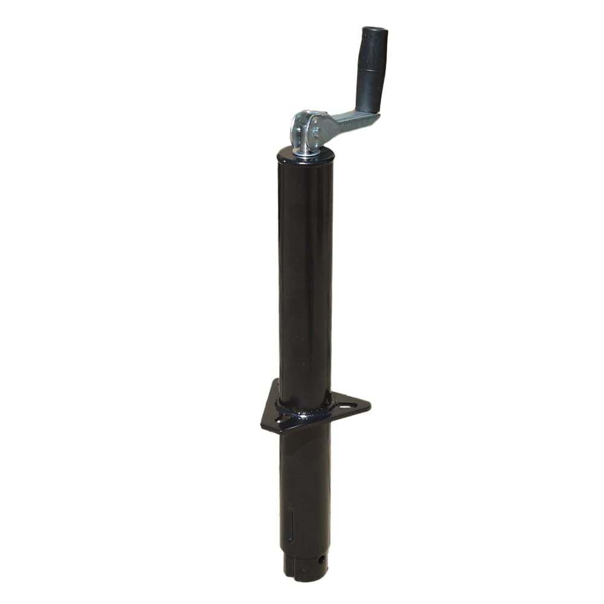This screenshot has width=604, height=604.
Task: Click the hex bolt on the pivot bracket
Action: click(x=314, y=129)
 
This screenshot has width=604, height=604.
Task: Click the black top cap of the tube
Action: click(x=306, y=156)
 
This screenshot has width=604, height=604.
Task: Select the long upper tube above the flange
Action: click(x=306, y=272)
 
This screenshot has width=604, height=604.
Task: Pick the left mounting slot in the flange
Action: click(x=283, y=418)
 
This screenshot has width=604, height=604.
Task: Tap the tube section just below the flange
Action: click(x=304, y=459)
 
